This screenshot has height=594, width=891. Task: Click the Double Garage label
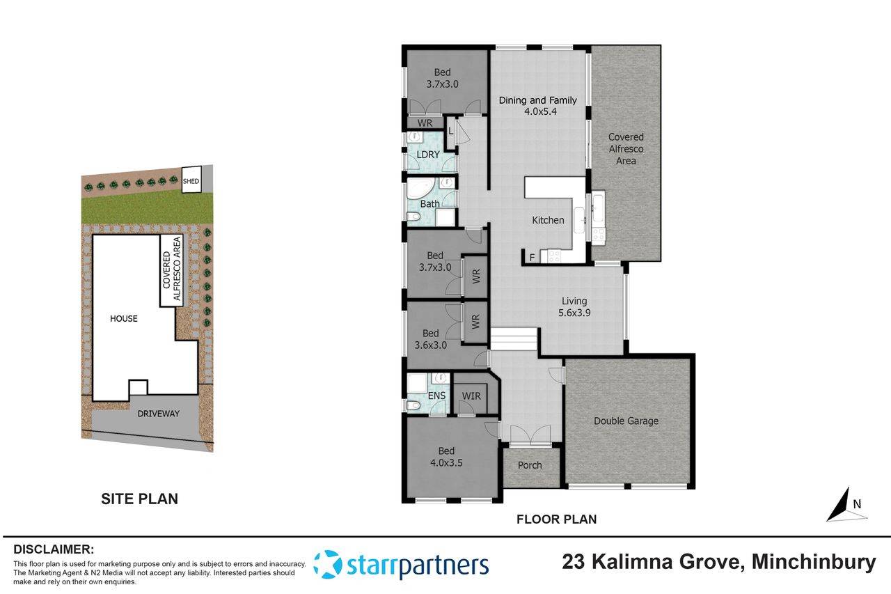(626, 421)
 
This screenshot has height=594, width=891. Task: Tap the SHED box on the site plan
(191, 182)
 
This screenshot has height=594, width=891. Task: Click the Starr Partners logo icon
(327, 564)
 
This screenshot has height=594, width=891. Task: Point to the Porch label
(530, 465)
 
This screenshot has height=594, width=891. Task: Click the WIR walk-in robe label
(471, 396)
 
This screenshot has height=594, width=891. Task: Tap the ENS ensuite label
(436, 396)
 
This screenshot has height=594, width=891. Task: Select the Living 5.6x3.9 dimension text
(575, 313)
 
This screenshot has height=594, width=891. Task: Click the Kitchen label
(548, 220)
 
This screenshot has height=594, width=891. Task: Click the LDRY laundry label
(428, 155)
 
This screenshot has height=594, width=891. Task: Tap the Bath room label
(429, 204)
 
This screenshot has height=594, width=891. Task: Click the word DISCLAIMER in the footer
(54, 549)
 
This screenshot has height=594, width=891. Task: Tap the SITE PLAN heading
(139, 499)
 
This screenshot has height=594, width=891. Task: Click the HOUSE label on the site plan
(124, 319)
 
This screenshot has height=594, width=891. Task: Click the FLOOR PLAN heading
(555, 519)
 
